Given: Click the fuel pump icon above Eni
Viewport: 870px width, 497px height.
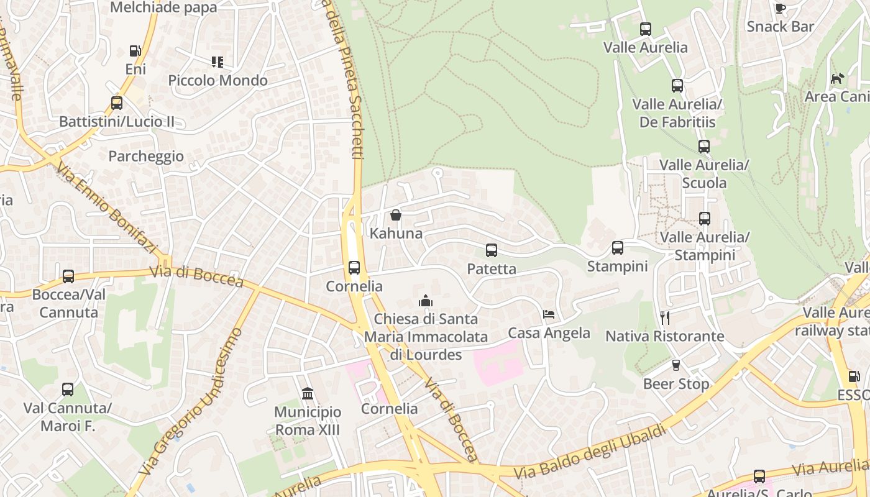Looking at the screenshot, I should pyautogui.click(x=135, y=51).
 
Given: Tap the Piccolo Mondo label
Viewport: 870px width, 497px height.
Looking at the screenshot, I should pyautogui.click(x=217, y=80).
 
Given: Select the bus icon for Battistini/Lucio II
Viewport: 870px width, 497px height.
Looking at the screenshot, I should pyautogui.click(x=117, y=103).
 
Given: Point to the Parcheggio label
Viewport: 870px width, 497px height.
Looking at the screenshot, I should pyautogui.click(x=146, y=156).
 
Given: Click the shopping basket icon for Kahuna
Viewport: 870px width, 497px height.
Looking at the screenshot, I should pyautogui.click(x=396, y=216).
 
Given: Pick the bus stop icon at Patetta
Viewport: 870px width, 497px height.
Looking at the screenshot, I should pyautogui.click(x=492, y=250).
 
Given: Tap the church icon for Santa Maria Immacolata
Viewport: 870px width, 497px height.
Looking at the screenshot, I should pyautogui.click(x=426, y=301).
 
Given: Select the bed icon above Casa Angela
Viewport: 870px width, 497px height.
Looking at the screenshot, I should pyautogui.click(x=549, y=314).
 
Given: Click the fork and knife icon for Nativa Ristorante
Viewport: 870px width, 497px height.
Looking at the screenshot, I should pyautogui.click(x=665, y=318).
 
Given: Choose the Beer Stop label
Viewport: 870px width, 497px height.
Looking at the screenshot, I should pyautogui.click(x=676, y=384).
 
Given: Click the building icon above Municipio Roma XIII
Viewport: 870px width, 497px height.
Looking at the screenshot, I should pyautogui.click(x=308, y=394).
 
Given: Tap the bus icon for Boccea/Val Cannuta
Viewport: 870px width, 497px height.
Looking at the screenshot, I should pyautogui.click(x=68, y=276).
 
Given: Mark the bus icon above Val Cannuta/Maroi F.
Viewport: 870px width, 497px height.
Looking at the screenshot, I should pyautogui.click(x=68, y=390).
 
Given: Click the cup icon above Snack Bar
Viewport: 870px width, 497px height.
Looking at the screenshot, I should pyautogui.click(x=781, y=9).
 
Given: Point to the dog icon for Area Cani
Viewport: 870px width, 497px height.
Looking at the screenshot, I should pyautogui.click(x=838, y=79).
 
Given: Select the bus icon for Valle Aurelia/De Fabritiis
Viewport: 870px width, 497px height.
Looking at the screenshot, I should pyautogui.click(x=677, y=86).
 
